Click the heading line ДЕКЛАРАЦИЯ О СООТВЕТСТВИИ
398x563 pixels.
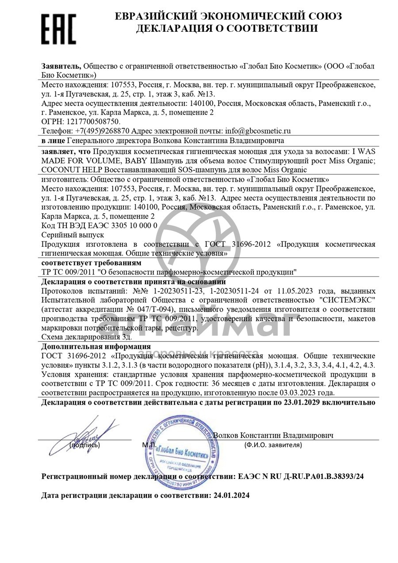click(226, 29)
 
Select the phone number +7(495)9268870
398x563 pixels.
click(103, 131)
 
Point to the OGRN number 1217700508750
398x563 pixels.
click(93, 121)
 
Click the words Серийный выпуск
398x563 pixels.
click(72, 234)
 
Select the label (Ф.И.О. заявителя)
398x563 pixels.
click(273, 445)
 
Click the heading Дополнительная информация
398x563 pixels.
click(96, 346)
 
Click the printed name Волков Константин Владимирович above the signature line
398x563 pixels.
click(273, 435)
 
